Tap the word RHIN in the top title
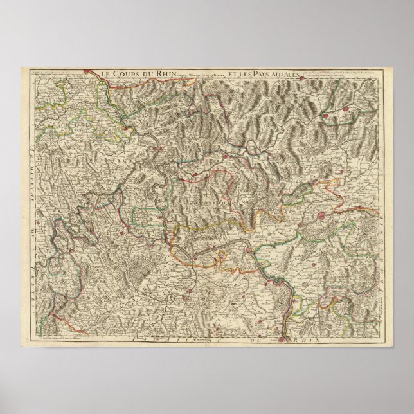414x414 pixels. (158, 73)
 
